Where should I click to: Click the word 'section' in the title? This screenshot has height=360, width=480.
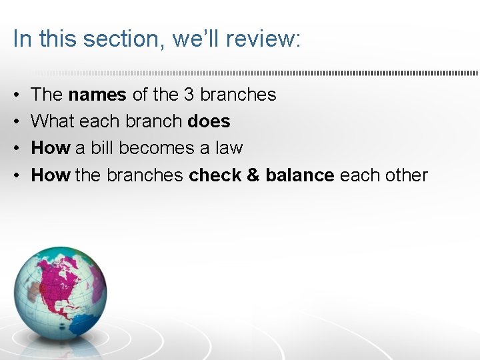123,39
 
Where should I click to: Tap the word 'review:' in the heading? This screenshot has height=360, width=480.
263,39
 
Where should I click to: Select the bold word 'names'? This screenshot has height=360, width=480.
97,95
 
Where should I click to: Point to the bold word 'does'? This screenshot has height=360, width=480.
209,121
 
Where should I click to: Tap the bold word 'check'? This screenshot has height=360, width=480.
217,175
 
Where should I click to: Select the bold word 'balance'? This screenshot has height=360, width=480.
300,175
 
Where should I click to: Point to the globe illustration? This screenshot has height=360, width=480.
59,293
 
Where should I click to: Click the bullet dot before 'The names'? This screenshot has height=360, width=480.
16,95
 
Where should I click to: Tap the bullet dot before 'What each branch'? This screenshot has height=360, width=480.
16,121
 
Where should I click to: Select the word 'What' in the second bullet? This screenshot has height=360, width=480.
53,121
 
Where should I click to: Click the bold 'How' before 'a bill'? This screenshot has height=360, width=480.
51,148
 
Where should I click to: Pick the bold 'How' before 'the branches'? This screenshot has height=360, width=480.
51,175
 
